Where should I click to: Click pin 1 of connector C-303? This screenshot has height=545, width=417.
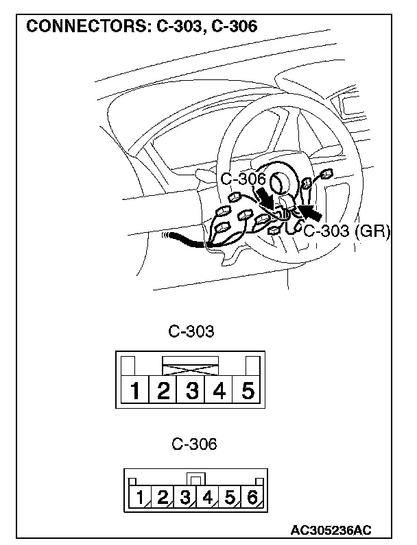coord(136,392)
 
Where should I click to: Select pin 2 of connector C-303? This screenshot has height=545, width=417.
coord(164,392)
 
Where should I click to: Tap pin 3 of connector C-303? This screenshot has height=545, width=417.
coord(192,392)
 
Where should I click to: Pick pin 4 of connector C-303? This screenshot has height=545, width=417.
coord(219,392)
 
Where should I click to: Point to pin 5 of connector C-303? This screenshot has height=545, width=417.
coord(248,392)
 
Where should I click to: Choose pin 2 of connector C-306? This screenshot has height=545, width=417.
coord(163,497)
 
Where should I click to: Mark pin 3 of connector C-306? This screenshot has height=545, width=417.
coord(185,497)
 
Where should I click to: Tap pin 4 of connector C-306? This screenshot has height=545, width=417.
coord(207,497)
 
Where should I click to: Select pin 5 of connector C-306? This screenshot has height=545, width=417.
coord(230,497)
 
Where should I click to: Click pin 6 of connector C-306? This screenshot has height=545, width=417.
coord(252,497)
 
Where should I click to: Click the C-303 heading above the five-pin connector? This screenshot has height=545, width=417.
coord(191,332)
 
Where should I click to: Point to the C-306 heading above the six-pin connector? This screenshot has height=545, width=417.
coord(194,444)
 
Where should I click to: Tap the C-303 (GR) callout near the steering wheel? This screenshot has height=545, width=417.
coord(346,231)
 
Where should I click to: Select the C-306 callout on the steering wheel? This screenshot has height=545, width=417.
coord(243,179)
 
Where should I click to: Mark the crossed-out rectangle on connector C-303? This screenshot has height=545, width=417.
coord(190,366)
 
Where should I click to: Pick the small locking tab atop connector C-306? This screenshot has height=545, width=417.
coord(195,480)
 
